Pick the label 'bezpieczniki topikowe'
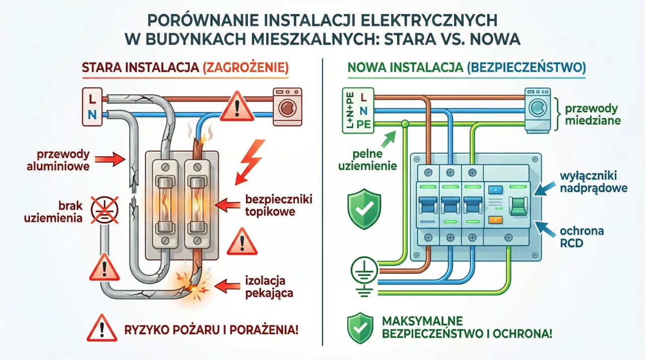click(270, 205)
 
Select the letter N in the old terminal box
click(92, 114)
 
